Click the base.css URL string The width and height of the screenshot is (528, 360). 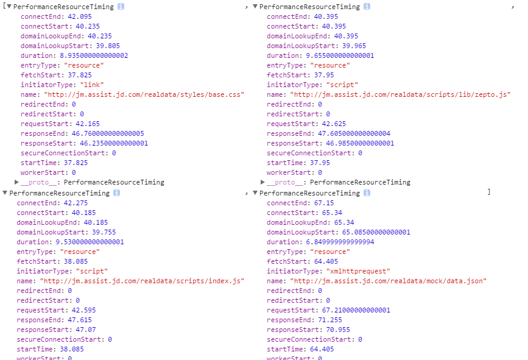click(x=144, y=94)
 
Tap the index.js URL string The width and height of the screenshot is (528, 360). click(x=142, y=281)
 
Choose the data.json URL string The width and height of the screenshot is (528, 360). click(x=389, y=281)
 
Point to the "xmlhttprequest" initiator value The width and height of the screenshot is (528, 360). click(x=350, y=271)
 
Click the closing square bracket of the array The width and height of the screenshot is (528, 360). click(x=488, y=192)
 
